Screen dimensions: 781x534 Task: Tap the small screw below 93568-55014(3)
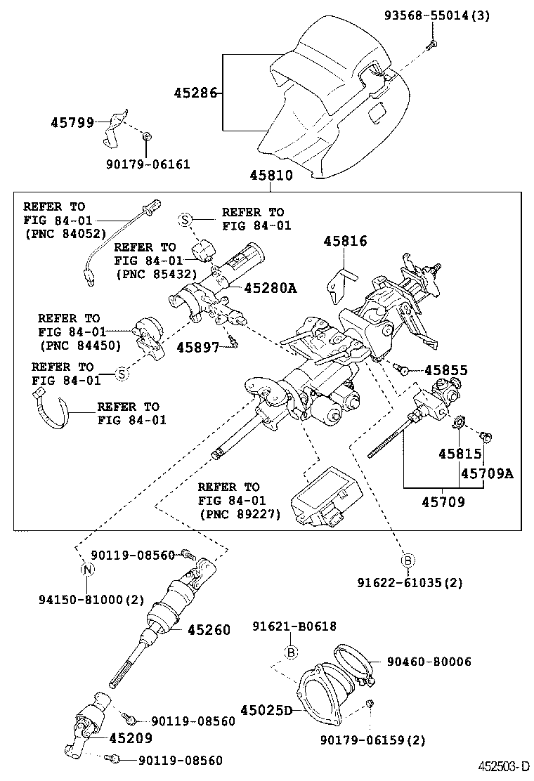[432, 44]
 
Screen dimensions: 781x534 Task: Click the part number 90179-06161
[148, 164]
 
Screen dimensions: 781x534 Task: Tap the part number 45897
[199, 348]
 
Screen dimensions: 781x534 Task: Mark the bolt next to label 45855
[402, 367]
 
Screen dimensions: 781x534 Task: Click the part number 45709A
[487, 473]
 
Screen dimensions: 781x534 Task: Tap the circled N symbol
[88, 569]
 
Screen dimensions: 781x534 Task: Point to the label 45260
[209, 630]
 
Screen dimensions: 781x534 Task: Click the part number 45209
[131, 738]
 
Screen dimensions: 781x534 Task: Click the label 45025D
[266, 711]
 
